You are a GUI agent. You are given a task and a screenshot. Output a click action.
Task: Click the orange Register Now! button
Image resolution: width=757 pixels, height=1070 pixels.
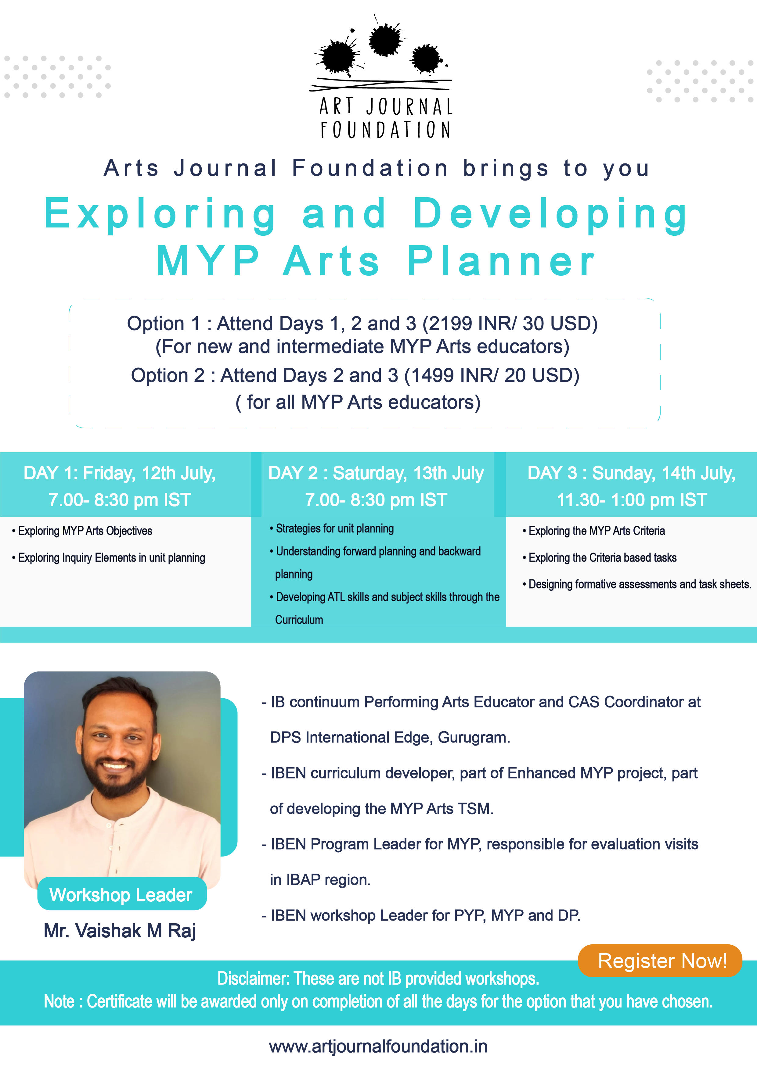coord(660,961)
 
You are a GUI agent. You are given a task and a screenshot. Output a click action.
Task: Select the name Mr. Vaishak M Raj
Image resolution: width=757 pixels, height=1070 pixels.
coord(120,930)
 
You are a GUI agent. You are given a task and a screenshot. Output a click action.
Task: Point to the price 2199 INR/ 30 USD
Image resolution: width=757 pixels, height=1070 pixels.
coord(510,324)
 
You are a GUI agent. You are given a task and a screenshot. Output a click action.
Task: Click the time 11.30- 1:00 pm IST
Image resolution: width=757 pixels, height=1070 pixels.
coord(632,499)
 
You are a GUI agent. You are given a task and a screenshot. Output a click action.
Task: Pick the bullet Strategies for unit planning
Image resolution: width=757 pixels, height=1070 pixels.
coord(332,528)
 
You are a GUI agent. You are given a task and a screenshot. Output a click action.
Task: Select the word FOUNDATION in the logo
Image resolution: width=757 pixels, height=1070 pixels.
coord(385,130)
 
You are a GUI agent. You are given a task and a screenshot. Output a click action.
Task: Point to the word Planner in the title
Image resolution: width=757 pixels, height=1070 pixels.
coord(501,261)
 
